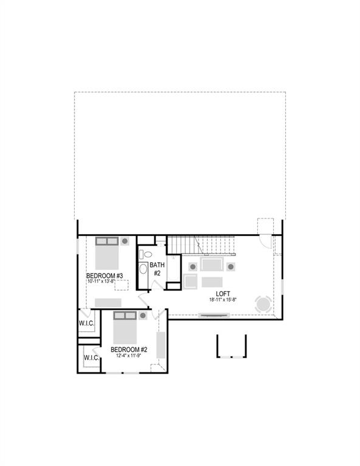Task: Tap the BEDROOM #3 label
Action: [x=104, y=276]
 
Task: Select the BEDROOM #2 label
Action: [x=129, y=349]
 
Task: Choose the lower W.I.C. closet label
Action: [x=92, y=358]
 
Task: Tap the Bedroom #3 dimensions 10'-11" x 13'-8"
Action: [x=104, y=282]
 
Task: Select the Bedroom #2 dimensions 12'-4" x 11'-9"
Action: [x=129, y=356]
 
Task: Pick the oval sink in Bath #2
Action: [x=144, y=269]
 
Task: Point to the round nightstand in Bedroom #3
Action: [x=124, y=241]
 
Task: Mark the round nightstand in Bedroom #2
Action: [x=143, y=316]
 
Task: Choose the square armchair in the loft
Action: [x=191, y=282]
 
